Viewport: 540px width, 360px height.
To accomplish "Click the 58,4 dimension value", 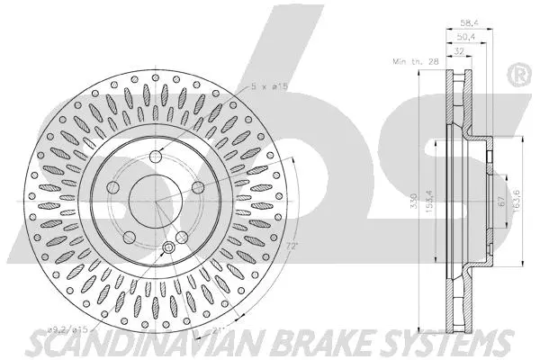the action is click(x=470, y=22).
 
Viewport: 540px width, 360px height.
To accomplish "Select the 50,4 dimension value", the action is click(x=466, y=37).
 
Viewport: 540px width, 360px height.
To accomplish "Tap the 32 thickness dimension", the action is click(x=459, y=51).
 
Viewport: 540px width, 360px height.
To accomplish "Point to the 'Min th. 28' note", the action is click(x=416, y=62).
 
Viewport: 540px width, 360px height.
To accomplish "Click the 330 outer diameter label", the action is click(x=414, y=201).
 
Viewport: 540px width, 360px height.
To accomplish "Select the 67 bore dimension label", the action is click(x=501, y=202).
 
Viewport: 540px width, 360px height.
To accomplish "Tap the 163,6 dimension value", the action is click(x=517, y=201).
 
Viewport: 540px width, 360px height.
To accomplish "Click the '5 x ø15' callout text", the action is click(x=269, y=85).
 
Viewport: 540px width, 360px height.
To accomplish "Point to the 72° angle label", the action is click(x=291, y=247).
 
